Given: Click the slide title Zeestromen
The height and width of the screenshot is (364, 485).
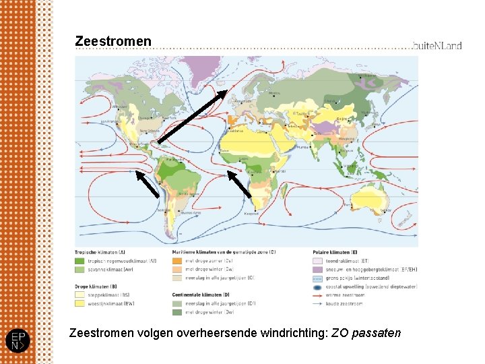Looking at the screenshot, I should tap(113, 42).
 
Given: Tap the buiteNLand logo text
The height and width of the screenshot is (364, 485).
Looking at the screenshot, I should tap(437, 46).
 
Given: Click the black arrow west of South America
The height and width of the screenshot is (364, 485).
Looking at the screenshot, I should tap(148, 183).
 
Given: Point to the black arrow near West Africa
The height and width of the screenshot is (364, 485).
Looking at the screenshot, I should tap(239, 183).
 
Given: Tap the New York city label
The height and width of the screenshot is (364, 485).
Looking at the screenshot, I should tap(167, 117).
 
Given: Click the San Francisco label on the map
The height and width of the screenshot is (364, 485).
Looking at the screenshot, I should tap(110, 122).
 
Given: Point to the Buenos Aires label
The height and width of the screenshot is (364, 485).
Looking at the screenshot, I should tap(189, 194).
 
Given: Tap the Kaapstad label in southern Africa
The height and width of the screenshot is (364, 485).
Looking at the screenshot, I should tap(251, 214).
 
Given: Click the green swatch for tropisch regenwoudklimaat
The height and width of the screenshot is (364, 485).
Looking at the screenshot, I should tap(80, 261).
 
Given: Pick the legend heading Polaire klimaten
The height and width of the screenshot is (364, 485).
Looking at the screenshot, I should tap(335, 251).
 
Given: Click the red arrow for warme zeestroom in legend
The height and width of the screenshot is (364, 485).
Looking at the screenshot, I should tap(319, 295).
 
